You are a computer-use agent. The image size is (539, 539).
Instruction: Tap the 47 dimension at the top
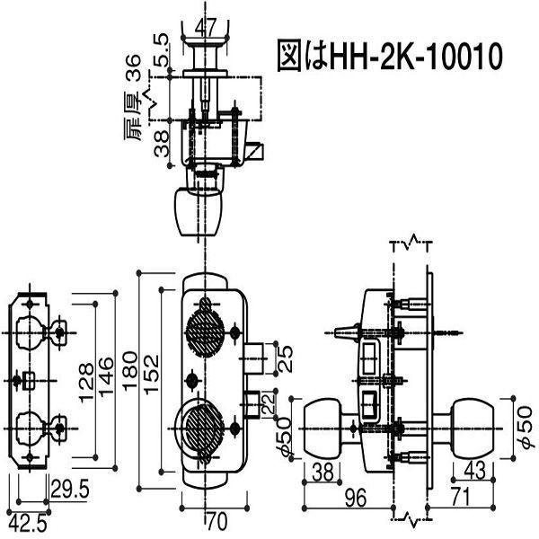pos(206,27)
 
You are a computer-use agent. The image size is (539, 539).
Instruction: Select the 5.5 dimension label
pos(161,50)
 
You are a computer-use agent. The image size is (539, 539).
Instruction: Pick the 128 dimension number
pos(86,382)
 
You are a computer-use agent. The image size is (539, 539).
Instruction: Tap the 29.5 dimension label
pos(70,490)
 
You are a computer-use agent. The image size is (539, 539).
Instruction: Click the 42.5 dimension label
pos(28,525)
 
